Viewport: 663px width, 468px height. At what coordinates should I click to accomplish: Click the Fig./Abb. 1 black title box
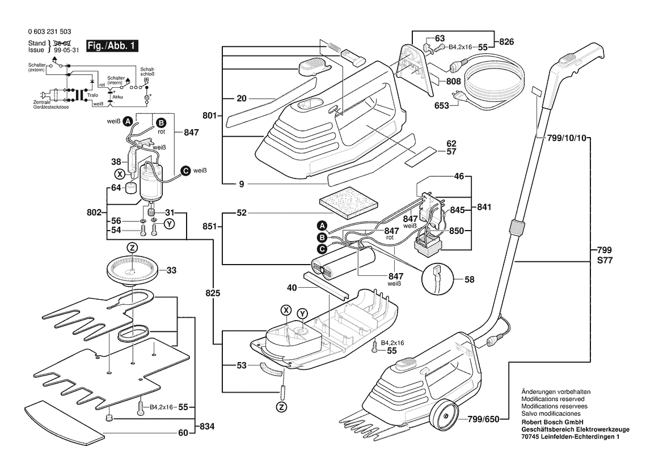[112, 46]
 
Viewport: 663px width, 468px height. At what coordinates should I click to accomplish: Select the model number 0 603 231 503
[49, 31]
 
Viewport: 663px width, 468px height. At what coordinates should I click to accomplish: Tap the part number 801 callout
[210, 116]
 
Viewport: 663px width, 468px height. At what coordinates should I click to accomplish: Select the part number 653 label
[441, 105]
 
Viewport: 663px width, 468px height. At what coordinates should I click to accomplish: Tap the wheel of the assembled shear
[443, 414]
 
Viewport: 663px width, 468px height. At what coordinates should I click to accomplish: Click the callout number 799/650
[483, 419]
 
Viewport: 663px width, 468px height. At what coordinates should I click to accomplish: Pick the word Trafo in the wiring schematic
[92, 95]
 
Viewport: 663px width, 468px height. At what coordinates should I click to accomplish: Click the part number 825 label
[213, 293]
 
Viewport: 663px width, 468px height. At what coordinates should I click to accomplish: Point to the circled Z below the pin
[281, 407]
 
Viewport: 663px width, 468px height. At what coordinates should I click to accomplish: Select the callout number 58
[470, 279]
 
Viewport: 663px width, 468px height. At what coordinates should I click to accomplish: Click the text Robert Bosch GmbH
[552, 422]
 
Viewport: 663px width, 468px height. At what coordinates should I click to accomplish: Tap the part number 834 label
[207, 427]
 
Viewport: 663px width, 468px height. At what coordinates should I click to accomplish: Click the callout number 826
[506, 41]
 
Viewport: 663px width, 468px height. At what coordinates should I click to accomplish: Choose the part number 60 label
[183, 433]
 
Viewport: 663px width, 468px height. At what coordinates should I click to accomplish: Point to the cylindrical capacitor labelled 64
[132, 187]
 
